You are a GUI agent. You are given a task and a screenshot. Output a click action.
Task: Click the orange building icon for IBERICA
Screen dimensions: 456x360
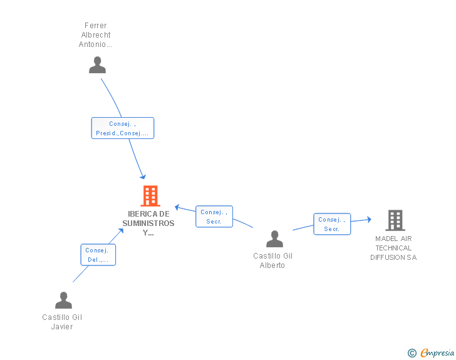coord(150,196)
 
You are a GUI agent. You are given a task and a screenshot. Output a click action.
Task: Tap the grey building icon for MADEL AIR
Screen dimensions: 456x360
coord(395,220)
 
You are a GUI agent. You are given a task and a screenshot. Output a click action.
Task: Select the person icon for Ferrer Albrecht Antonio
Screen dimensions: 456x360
coord(98,65)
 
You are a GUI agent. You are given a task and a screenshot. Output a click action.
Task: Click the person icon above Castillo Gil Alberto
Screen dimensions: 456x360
coord(274,239)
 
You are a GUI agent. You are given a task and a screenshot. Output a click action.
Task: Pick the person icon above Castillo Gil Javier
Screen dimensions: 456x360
coord(64,300)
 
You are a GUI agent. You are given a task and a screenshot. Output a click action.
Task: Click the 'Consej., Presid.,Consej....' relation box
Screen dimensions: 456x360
coord(123,128)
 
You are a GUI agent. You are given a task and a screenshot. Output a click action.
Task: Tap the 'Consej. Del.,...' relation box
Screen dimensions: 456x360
coord(98,255)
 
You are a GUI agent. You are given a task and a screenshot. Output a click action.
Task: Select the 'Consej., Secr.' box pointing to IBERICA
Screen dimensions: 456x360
coord(214,217)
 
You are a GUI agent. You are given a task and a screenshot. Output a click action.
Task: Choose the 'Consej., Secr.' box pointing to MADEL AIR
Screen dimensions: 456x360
coord(332,224)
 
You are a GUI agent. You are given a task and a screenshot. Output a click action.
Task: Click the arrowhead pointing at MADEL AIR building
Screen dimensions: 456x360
coord(370,219)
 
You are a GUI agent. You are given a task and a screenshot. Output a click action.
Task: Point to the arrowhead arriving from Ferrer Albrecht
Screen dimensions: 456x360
coord(143,177)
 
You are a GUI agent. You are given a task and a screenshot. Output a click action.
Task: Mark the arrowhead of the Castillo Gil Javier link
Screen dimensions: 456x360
coord(121,231)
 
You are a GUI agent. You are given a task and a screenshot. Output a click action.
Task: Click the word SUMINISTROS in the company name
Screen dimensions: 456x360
coord(148,224)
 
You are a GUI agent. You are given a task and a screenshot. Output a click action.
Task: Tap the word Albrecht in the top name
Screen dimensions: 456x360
coord(96,35)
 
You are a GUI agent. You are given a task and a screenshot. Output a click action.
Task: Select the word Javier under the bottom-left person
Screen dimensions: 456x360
coord(62,327)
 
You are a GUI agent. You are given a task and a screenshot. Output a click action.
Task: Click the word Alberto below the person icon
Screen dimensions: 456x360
coord(272,265)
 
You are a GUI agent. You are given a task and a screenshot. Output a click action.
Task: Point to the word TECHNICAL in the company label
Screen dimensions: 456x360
coord(393,248)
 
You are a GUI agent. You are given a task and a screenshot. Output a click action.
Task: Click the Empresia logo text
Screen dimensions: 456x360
coord(437,353)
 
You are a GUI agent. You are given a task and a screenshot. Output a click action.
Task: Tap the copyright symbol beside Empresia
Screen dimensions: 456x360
coord(412,353)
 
